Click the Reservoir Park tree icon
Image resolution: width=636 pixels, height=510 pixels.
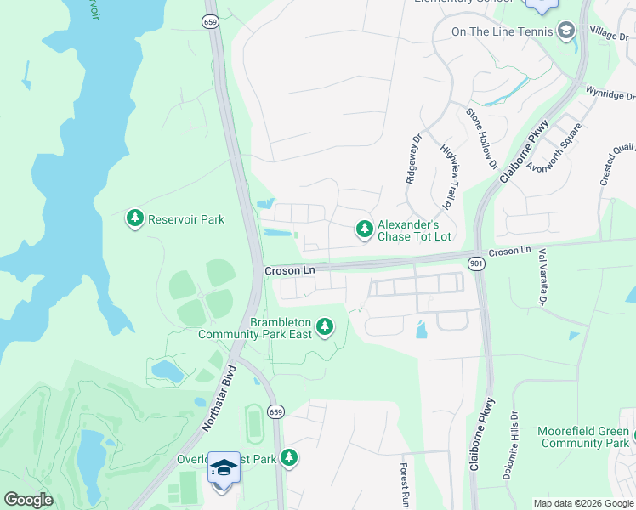[134, 219]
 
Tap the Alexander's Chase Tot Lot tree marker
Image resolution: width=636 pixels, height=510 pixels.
[364, 229]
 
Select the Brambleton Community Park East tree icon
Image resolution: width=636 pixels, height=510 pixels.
[324, 327]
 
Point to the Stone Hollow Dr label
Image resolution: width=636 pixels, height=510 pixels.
[480, 138]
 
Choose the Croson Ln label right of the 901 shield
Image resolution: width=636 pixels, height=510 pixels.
[509, 252]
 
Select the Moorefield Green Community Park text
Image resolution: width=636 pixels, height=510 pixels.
[583, 438]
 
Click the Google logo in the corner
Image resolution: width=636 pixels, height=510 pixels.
[28, 500]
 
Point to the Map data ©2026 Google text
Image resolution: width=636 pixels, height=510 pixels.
[582, 503]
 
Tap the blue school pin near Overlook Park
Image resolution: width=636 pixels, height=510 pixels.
[224, 469]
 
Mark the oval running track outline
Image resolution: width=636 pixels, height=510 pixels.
[253, 422]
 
